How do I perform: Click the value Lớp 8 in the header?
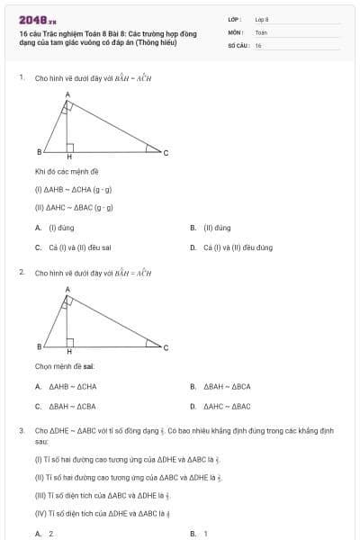262,19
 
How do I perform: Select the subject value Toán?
261,31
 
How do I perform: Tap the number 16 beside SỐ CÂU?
258,44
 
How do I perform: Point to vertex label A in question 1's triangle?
67,94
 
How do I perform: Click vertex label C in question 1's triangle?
165,152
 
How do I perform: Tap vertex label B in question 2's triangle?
39,346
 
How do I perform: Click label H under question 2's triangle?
69,352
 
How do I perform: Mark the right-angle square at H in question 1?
70,147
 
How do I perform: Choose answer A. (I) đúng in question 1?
59,228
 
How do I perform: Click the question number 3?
21,431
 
